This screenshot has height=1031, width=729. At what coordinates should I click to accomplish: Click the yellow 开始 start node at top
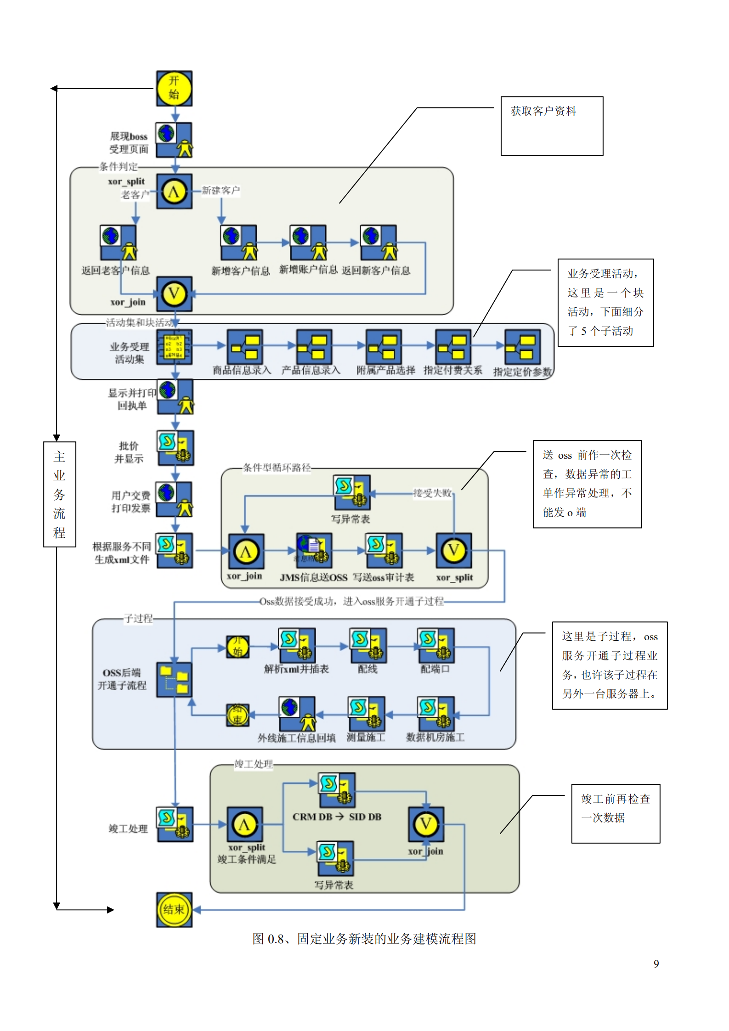pos(174,88)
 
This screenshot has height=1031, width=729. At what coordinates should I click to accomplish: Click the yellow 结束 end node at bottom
pos(174,909)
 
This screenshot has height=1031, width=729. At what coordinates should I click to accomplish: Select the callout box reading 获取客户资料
pos(551,125)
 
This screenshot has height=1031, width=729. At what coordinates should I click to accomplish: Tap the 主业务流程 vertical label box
pos(59,494)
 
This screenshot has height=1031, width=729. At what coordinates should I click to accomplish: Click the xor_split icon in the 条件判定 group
pos(174,191)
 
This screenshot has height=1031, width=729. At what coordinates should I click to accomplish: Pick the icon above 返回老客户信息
pos(119,242)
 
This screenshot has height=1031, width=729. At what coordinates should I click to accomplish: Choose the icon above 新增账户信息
pos(308,242)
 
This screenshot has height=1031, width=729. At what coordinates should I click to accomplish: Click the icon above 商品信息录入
pos(245,347)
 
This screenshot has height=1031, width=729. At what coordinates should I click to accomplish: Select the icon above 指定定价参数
pos(522,347)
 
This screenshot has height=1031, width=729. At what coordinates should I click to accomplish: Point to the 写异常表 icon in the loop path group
pos(352,492)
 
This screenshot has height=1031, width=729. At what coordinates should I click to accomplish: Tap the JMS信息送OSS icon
pos(314,550)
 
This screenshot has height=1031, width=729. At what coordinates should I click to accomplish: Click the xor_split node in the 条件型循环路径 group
pos(454,550)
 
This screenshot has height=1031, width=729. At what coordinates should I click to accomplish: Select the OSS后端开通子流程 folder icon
pos(174,680)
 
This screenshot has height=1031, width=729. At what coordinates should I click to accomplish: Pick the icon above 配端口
pos(435,645)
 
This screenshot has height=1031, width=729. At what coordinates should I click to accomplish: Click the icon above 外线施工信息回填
pos(297,713)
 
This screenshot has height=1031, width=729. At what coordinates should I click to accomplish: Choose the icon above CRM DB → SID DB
pos(337,789)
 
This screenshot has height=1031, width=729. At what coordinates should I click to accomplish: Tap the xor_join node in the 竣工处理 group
pos(426,824)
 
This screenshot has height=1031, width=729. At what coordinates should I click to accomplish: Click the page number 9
pos(656,963)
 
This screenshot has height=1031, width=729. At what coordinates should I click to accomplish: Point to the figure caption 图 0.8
pos(364,938)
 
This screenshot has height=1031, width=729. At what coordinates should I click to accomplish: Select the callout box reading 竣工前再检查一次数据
pos(615,813)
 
